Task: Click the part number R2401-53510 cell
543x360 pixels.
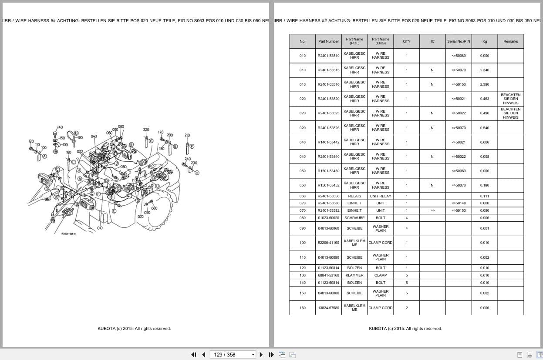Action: (x=328, y=56)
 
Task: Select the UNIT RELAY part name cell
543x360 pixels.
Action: (x=380, y=196)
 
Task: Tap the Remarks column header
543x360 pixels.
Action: (x=510, y=41)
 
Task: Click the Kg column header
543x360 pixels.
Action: (x=484, y=41)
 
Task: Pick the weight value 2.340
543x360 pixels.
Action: (x=484, y=70)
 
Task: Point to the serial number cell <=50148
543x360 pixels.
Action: (x=458, y=203)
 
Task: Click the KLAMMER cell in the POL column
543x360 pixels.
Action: (x=354, y=275)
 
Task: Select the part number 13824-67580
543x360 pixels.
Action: (x=328, y=308)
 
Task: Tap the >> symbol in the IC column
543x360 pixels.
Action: (x=432, y=210)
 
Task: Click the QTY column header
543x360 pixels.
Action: (x=406, y=41)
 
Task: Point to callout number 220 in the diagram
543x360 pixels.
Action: (x=146, y=130)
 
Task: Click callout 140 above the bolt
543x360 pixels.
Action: (x=60, y=127)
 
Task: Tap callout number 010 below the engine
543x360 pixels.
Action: (x=100, y=228)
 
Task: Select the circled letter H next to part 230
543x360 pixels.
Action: (x=197, y=173)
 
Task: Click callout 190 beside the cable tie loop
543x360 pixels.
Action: (x=80, y=138)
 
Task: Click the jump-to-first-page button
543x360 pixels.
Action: (x=194, y=354)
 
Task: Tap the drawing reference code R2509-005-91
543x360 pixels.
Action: (x=69, y=234)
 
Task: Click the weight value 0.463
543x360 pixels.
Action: (x=484, y=99)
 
